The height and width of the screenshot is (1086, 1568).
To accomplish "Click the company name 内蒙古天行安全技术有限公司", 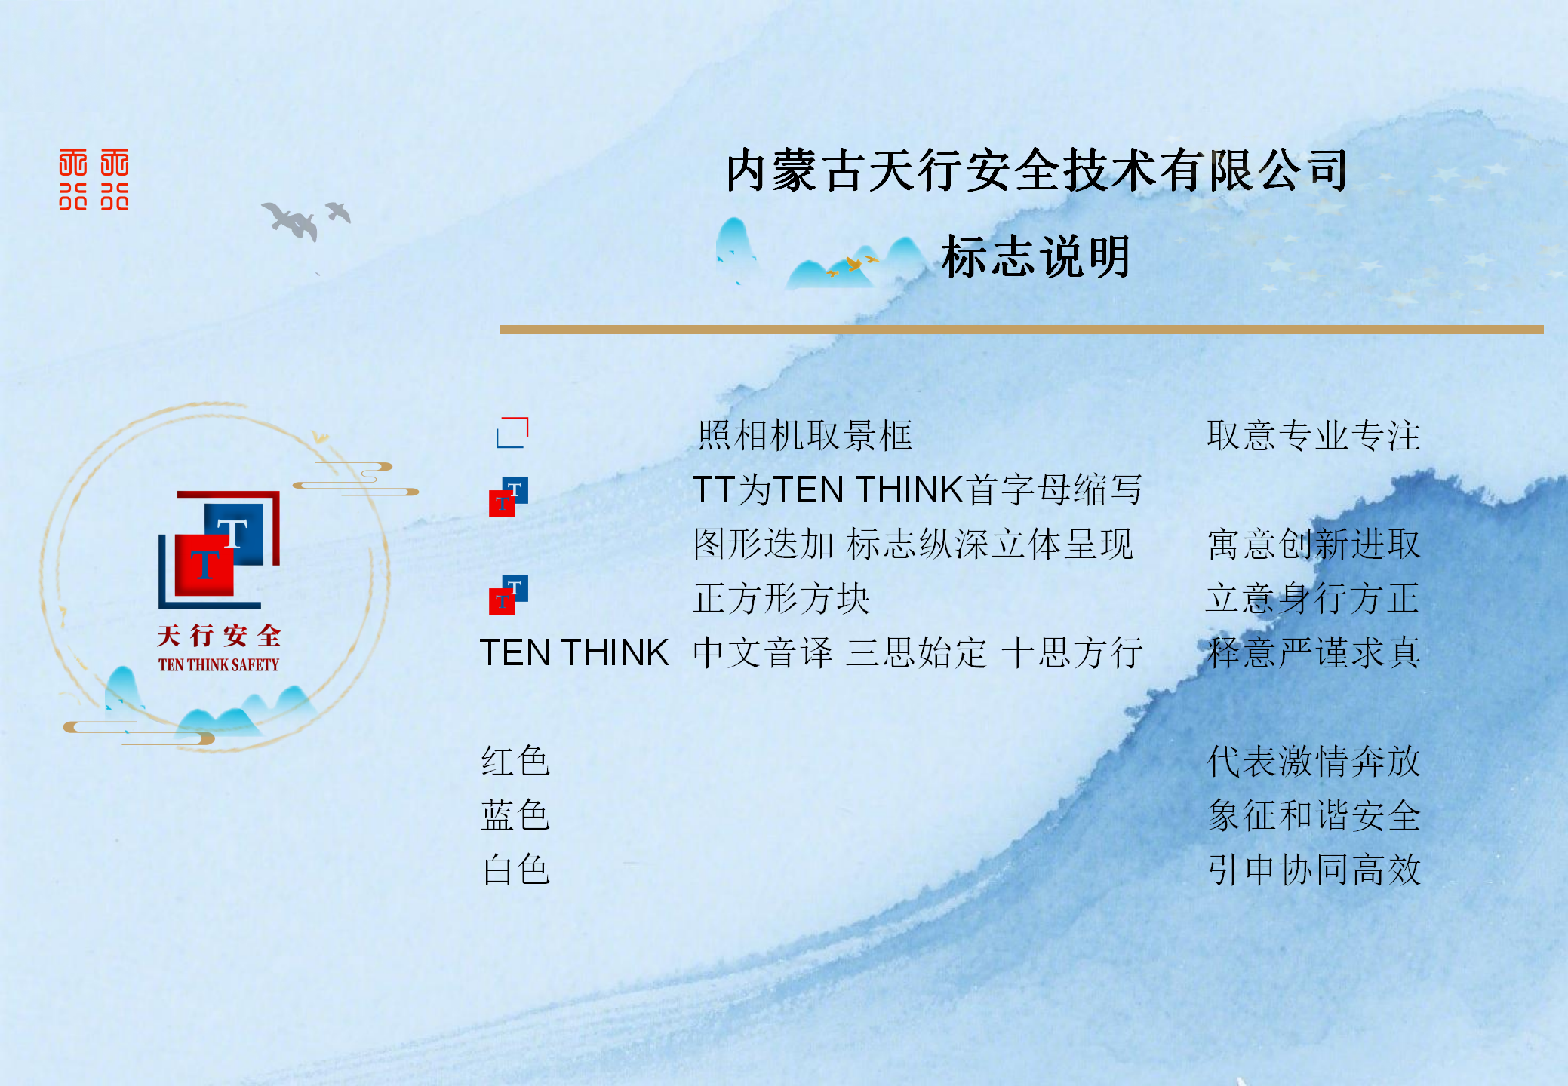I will [x=1036, y=170].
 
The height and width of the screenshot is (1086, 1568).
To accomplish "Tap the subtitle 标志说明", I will [x=1036, y=257].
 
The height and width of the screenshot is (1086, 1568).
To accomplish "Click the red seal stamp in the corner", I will [x=94, y=179].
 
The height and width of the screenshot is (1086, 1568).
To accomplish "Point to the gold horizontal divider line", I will [x=1021, y=330].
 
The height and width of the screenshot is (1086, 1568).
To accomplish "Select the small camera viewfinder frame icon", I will [x=512, y=433].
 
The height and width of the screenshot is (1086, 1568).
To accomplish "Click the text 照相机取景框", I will [x=804, y=436].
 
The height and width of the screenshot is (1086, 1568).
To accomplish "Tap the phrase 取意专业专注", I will [x=1313, y=436].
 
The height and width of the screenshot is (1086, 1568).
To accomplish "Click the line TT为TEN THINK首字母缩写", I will [x=917, y=490].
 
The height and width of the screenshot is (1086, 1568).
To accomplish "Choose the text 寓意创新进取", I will [x=1313, y=545].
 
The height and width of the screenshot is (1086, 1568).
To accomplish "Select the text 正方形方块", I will [x=782, y=599].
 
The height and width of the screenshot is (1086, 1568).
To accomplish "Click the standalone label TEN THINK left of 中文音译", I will [x=574, y=653].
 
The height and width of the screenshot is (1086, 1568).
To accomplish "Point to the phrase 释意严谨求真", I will [x=1313, y=653].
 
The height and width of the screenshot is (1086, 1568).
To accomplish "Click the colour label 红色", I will [x=515, y=761].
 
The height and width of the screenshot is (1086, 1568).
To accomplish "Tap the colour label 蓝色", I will [x=515, y=815].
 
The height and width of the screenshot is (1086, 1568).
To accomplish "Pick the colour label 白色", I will [x=515, y=870].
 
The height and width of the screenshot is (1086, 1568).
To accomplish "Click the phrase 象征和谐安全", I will [x=1313, y=815].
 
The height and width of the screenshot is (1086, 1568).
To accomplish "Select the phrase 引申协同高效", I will [x=1313, y=870].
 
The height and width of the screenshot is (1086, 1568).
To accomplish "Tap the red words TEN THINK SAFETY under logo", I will [x=219, y=665].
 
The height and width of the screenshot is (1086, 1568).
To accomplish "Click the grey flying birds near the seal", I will [x=302, y=219].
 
